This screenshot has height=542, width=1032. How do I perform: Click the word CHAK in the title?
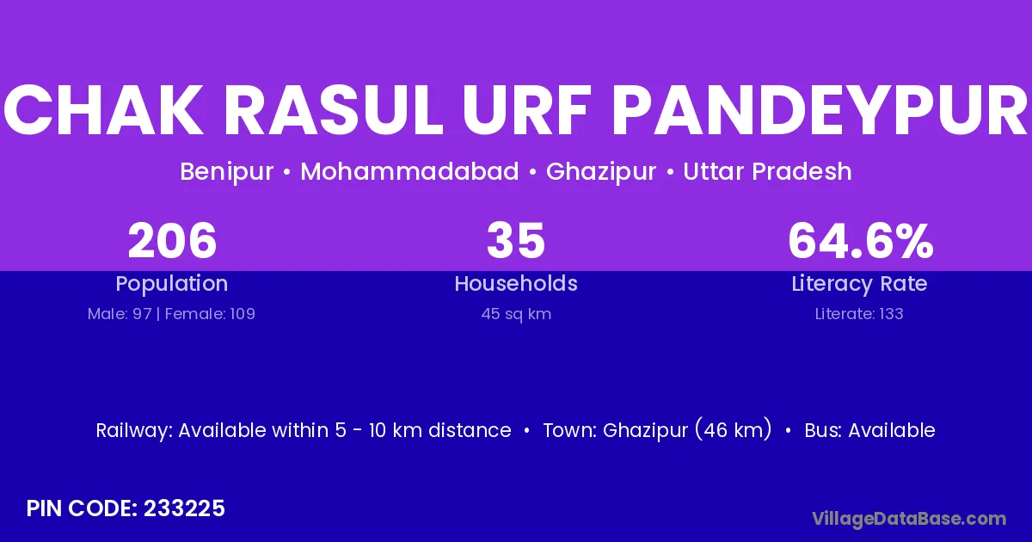pyautogui.click(x=103, y=111)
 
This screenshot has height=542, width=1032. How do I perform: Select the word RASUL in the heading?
pyautogui.click(x=334, y=111)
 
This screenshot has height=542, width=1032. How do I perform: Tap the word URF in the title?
pyautogui.click(x=527, y=111)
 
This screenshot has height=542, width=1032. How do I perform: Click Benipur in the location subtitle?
pyautogui.click(x=227, y=172)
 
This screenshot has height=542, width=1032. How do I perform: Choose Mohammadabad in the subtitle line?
pyautogui.click(x=409, y=171)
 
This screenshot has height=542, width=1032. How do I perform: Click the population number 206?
pyautogui.click(x=172, y=241)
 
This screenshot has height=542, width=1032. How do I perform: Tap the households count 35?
pyautogui.click(x=516, y=241)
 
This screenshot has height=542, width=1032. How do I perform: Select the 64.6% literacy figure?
pyautogui.click(x=861, y=241)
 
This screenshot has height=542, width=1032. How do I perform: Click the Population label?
pyautogui.click(x=172, y=284)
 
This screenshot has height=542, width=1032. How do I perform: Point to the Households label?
pyautogui.click(x=516, y=283)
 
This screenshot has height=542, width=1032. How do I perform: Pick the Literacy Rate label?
pyautogui.click(x=859, y=284)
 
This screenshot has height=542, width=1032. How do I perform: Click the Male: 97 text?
pyautogui.click(x=120, y=314)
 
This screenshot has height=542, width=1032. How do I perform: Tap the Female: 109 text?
pyautogui.click(x=210, y=314)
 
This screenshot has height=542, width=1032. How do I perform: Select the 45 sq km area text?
pyautogui.click(x=516, y=314)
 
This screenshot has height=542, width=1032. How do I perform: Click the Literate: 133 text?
pyautogui.click(x=859, y=314)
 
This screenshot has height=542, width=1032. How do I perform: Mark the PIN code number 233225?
pyautogui.click(x=184, y=508)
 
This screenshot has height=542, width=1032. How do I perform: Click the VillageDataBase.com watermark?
pyautogui.click(x=909, y=519)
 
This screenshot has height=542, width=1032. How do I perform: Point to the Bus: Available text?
pyautogui.click(x=869, y=430)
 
